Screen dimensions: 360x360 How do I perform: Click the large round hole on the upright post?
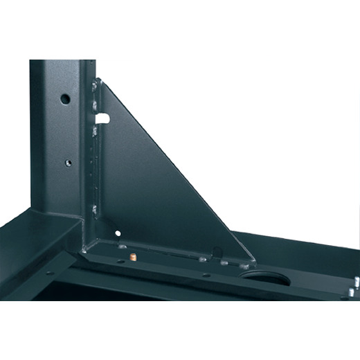[64, 99]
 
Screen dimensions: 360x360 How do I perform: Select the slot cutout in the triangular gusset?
[102, 118]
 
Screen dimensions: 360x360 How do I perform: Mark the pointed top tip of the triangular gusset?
[101, 80]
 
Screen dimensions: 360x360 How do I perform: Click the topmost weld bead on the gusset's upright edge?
[93, 87]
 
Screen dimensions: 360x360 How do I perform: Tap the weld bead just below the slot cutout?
[95, 129]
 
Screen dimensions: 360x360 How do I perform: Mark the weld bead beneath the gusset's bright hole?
[122, 245]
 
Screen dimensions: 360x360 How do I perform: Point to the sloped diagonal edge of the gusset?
[180, 173]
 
